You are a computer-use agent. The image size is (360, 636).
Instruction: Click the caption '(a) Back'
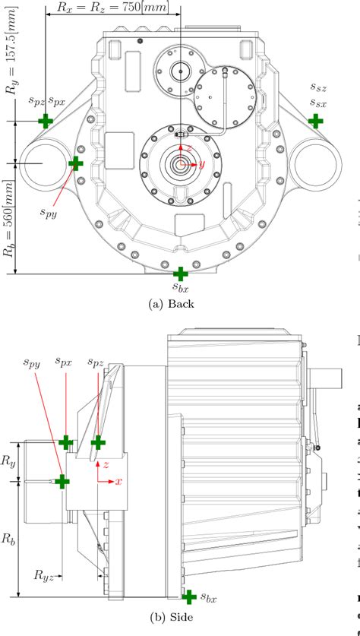coord(172,303)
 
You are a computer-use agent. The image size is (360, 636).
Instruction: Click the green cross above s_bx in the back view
coord(180,274)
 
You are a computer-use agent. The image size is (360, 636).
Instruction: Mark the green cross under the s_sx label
coord(314,120)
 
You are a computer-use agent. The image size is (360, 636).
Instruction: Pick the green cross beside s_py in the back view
coord(75,163)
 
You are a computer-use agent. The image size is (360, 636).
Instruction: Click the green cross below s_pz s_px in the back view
coord(46,120)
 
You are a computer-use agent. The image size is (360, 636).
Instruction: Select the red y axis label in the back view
coord(202,163)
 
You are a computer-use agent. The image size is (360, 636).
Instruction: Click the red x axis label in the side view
coord(119,481)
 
